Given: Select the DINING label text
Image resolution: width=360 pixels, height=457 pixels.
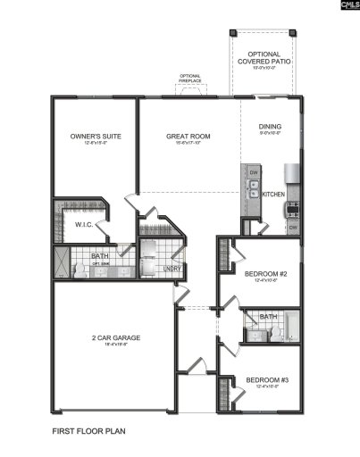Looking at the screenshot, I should [x=270, y=127].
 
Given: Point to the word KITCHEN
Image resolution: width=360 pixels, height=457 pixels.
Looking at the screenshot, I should [x=272, y=193].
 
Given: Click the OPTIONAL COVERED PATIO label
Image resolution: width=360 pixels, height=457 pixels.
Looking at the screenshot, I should [x=264, y=59].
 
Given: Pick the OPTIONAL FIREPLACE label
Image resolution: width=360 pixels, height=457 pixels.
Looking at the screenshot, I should [x=190, y=78].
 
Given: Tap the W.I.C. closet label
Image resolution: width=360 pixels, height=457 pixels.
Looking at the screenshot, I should [x=85, y=224].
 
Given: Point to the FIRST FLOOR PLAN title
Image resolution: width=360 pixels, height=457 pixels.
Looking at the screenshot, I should [x=88, y=430].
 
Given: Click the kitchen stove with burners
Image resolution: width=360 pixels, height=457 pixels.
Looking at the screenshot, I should [x=293, y=210].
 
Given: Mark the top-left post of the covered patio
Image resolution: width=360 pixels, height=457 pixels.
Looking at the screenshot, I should [x=230, y=29].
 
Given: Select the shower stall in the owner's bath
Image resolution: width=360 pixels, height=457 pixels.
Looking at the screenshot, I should [x=61, y=262].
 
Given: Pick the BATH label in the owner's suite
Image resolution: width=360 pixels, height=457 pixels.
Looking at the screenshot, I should [x=101, y=257].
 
